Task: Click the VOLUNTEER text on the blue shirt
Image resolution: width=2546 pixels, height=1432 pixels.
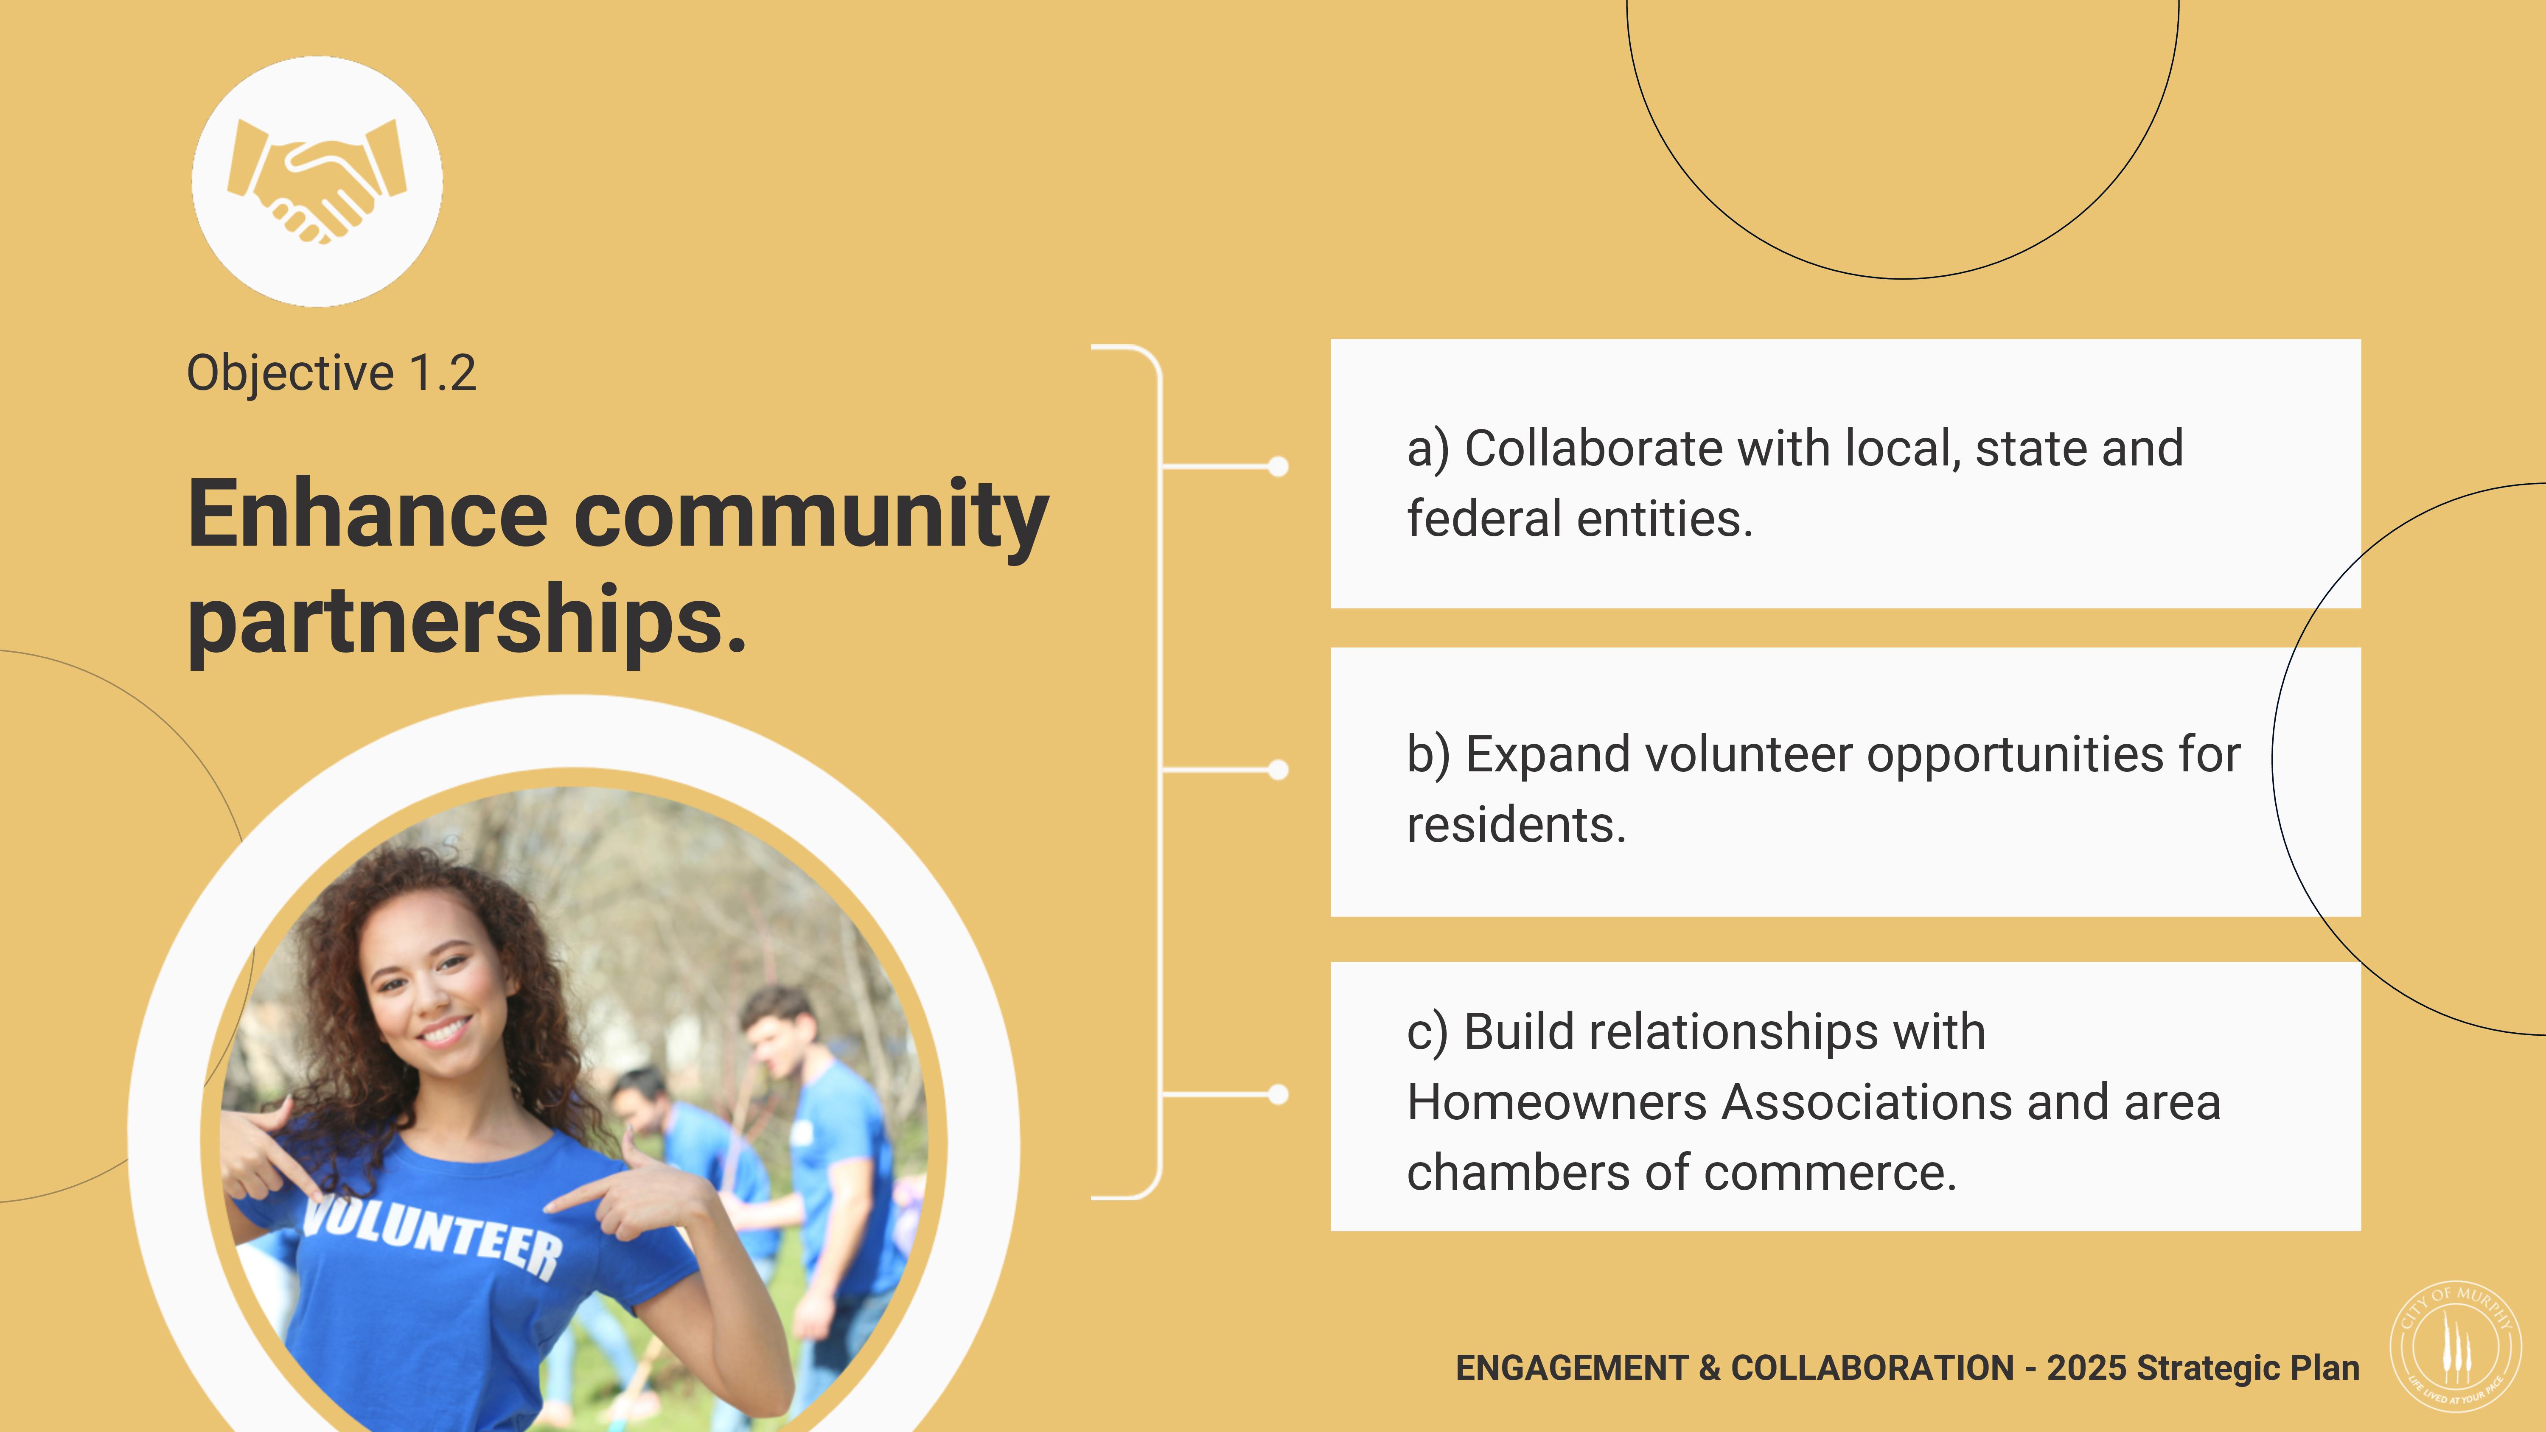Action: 432,1235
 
